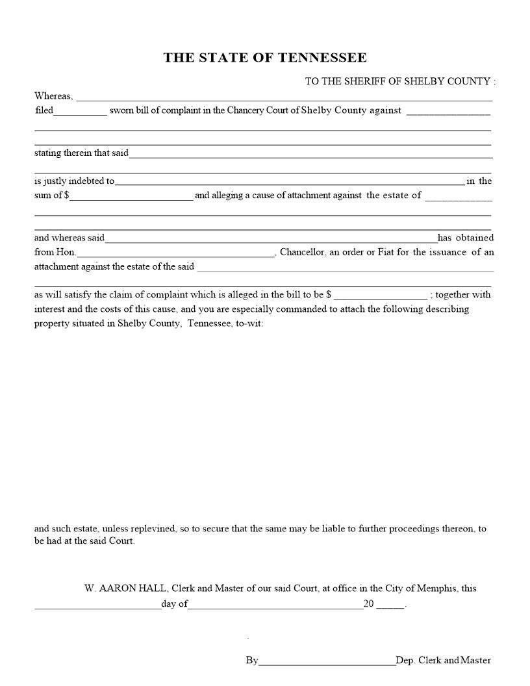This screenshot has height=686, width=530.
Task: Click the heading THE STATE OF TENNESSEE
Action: point(265,58)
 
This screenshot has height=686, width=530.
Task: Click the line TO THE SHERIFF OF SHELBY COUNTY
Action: point(399,81)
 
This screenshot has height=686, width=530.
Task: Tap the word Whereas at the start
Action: point(53,96)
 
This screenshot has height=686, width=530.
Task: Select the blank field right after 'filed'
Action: point(80,111)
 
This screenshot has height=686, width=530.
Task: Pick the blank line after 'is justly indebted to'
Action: point(289,182)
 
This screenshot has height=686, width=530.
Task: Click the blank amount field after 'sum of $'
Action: point(132,196)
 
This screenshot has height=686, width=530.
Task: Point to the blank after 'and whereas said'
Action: point(271,238)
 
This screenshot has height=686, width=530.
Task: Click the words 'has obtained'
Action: point(465,238)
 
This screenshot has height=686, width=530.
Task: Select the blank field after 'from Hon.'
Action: point(175,253)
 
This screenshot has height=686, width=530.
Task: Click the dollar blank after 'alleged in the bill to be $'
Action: point(381,295)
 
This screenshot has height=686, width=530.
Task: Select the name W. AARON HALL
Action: point(126,589)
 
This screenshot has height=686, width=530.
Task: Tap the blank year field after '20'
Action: point(390,604)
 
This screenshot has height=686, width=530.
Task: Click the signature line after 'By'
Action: point(327,661)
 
